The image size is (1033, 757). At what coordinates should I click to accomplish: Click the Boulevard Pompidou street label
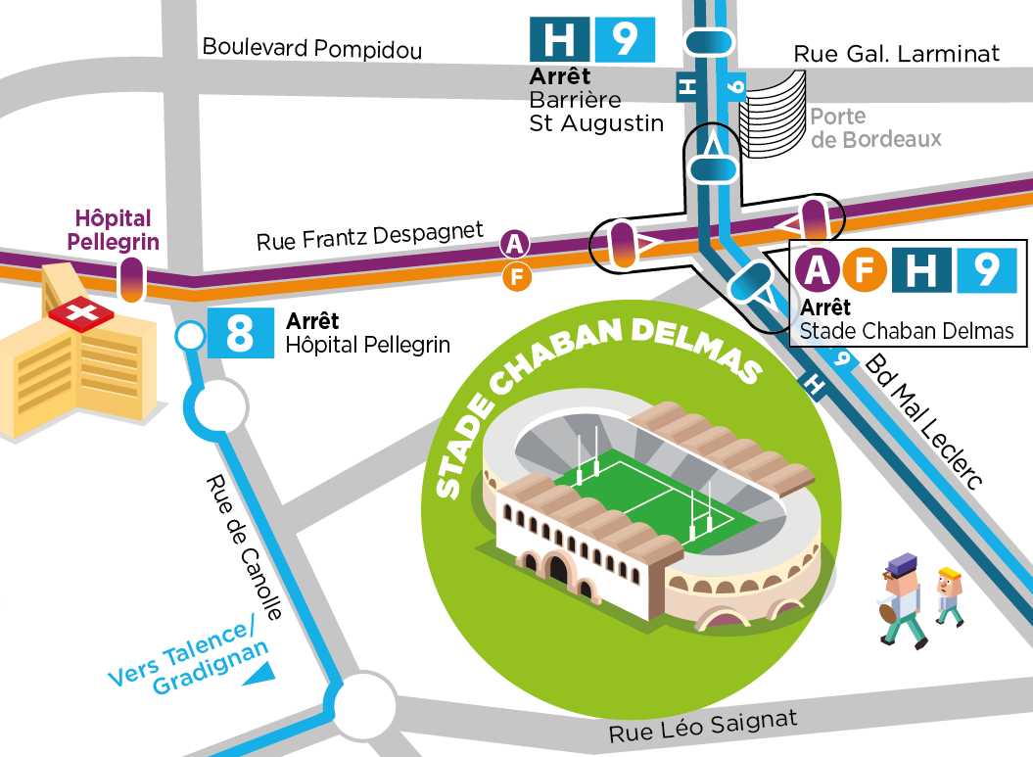pos(311,48)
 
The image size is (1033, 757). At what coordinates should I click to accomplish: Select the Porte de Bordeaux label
pos(874,128)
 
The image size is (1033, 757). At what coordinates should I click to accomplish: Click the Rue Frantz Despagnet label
pos(369,237)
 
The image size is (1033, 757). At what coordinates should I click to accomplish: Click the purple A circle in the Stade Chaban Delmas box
pos(819,271)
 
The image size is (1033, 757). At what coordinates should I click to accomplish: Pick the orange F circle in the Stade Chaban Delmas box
pos(865,271)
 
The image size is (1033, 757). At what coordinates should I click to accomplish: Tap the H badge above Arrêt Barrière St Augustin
pos(559,39)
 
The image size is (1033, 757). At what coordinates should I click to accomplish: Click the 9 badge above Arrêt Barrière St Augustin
pos(624,39)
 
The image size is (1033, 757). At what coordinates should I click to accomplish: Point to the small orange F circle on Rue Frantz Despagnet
pos(516,278)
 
